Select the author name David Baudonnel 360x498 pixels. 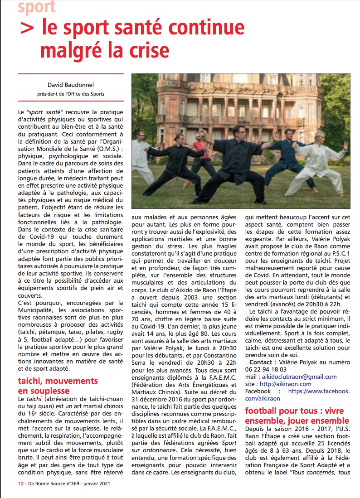pyautogui.click(x=70, y=84)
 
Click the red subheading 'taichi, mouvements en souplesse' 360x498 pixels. pyautogui.click(x=58, y=386)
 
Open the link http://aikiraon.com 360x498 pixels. pyautogui.click(x=286, y=384)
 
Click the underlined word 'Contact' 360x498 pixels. pyautogui.click(x=261, y=363)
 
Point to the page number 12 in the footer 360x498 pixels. pyautogui.click(x=15, y=483)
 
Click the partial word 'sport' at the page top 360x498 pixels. pyautogui.click(x=37, y=6)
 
